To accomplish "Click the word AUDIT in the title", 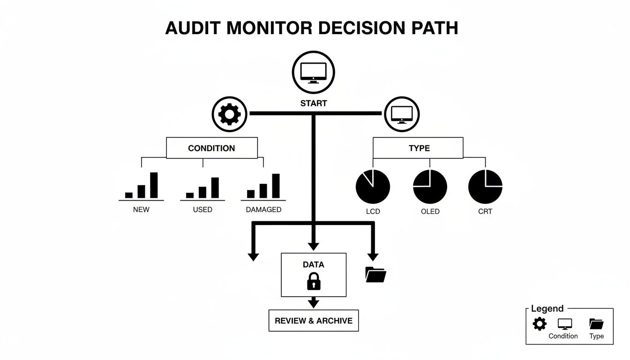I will click(193, 28).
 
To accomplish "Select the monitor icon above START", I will click(314, 72).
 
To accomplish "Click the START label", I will click(314, 103).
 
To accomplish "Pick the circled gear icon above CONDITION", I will click(229, 113).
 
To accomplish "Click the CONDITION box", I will click(212, 148).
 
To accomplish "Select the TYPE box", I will click(418, 148).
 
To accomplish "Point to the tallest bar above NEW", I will click(154, 185).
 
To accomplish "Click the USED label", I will click(202, 210).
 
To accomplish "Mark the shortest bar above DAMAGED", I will click(251, 194).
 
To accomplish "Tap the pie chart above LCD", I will click(373, 186).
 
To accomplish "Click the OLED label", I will click(430, 211).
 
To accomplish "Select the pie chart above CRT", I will click(485, 186).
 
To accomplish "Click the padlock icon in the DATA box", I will click(313, 281).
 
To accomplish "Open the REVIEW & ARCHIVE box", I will click(314, 321).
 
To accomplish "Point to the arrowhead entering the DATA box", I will click(314, 247).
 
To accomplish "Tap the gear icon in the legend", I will click(540, 323).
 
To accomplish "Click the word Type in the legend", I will click(596, 336).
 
